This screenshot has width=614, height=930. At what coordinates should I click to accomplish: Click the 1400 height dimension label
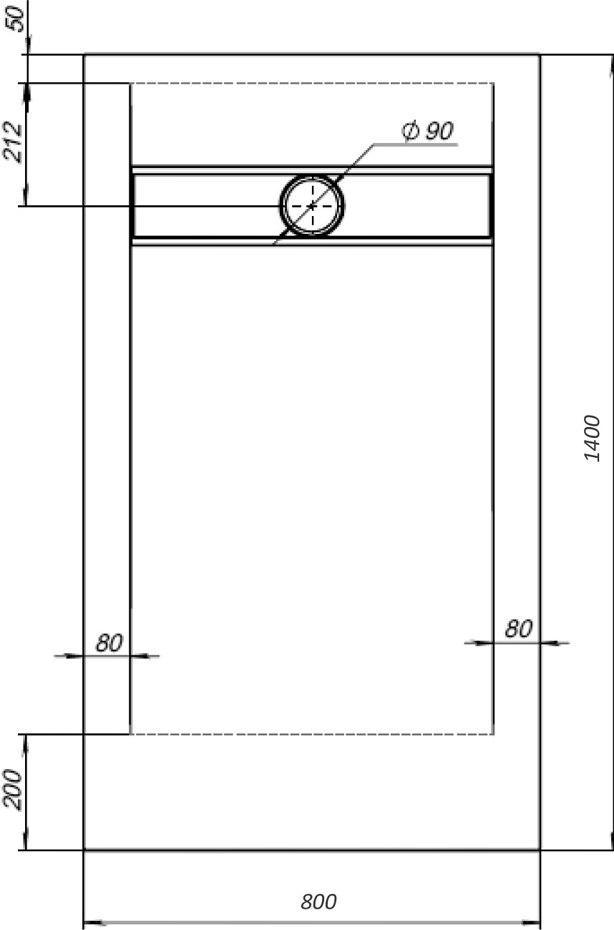593,437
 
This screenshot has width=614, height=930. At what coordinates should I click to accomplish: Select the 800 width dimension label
318,902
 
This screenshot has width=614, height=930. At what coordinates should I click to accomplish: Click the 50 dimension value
15,17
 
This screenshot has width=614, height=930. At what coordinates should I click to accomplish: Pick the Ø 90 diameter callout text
428,132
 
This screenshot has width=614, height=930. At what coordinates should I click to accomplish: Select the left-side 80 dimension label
109,643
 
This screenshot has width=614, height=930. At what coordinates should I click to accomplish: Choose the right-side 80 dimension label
519,630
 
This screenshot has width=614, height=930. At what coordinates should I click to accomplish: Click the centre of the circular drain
312,206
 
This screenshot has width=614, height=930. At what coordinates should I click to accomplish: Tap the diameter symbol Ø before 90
410,132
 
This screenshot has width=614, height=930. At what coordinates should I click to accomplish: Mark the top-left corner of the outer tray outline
84,54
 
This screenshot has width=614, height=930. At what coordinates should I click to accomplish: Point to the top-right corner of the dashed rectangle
493,84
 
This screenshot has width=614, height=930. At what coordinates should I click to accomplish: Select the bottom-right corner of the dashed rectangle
493,734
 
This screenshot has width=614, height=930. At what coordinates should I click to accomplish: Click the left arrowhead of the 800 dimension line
89,922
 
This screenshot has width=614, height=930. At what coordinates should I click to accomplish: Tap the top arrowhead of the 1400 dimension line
613,63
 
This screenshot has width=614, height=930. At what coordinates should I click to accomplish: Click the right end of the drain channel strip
491,206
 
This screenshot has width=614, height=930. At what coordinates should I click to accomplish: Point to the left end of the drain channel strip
132,206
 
